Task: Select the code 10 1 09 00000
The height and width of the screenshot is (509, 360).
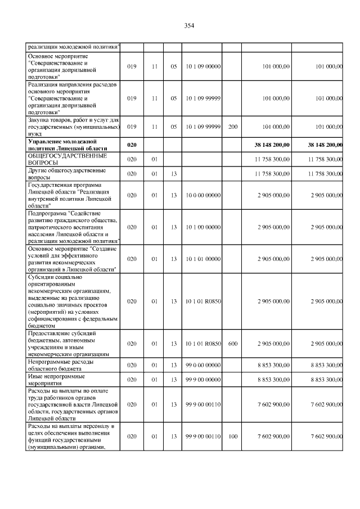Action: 202,66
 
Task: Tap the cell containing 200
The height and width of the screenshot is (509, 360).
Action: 232,127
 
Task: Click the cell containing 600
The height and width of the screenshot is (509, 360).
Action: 232,343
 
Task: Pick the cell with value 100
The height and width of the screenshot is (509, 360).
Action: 232,436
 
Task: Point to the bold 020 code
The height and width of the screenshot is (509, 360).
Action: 132,145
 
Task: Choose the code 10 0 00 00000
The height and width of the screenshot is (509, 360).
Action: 202,195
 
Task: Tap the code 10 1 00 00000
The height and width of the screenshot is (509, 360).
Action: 202,227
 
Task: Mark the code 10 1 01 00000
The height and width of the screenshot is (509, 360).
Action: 202,259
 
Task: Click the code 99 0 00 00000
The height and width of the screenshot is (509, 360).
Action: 202,365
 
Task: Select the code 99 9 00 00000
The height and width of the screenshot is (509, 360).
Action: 202,380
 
